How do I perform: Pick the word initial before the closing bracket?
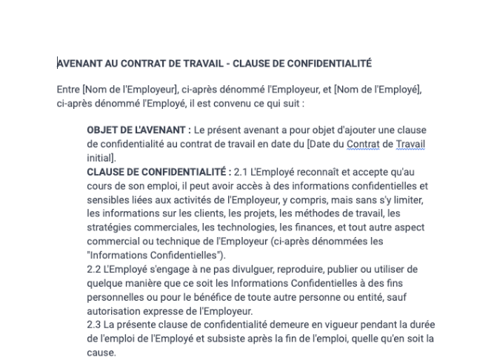[100, 157]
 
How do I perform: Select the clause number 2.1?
[243, 171]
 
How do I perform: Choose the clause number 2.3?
[96, 324]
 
